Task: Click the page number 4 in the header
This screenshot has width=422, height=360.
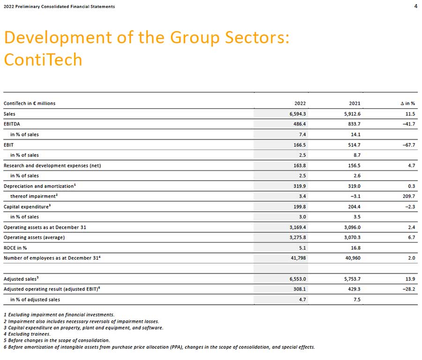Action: [x=416, y=6]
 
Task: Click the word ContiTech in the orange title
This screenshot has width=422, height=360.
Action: [x=43, y=60]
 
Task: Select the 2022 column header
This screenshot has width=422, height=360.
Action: [x=300, y=104]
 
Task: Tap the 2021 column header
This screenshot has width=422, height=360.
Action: [x=355, y=104]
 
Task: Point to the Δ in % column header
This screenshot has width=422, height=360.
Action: [x=408, y=104]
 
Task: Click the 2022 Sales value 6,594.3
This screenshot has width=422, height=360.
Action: [x=298, y=114]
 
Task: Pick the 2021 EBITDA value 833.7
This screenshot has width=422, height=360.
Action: [x=354, y=124]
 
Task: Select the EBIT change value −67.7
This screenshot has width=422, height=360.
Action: [x=409, y=145]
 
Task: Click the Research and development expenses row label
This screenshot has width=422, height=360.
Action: [x=52, y=165]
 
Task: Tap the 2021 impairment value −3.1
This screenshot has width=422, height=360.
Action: [x=355, y=196]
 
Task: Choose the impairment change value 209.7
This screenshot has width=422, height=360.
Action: [x=409, y=196]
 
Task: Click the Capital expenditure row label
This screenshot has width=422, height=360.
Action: [x=27, y=207]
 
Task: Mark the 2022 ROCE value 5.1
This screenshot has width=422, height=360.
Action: [x=303, y=248]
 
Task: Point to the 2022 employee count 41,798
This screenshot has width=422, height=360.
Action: [x=298, y=258]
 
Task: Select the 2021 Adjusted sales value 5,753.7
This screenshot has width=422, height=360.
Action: [x=352, y=279]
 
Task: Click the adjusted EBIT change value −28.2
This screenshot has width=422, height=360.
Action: [x=409, y=289]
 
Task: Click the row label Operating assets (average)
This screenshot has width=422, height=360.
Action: [x=34, y=238]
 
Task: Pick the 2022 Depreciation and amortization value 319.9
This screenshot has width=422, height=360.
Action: [x=300, y=186]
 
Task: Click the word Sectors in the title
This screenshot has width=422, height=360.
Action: [x=257, y=37]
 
